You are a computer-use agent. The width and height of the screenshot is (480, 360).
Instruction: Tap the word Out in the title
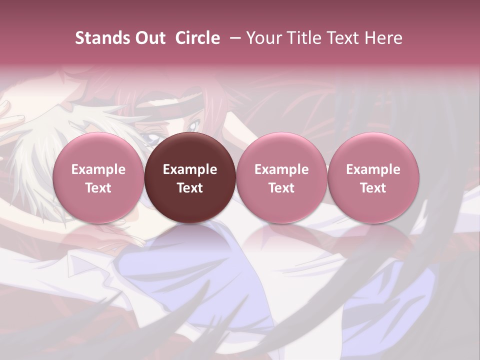pos(149,38)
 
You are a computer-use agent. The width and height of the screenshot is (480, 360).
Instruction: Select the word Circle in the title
pos(197,38)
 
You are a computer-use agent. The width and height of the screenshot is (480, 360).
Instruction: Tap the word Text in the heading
pos(344,38)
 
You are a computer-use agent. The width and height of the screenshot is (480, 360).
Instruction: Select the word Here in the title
pos(383,38)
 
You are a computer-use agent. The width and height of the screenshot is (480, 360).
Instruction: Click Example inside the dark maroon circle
pos(190,170)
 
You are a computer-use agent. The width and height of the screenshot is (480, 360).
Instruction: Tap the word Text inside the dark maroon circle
pos(190,188)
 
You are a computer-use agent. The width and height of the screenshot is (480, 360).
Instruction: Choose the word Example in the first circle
pos(98,170)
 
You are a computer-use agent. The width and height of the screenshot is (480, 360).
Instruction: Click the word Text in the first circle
pos(98,188)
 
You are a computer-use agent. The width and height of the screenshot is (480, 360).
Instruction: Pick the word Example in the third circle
pos(281,170)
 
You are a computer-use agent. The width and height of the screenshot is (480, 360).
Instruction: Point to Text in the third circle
pos(281,188)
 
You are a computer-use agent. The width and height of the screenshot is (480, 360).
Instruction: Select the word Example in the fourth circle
pos(373,170)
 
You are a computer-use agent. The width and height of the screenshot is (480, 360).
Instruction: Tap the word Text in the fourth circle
pos(373,188)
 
